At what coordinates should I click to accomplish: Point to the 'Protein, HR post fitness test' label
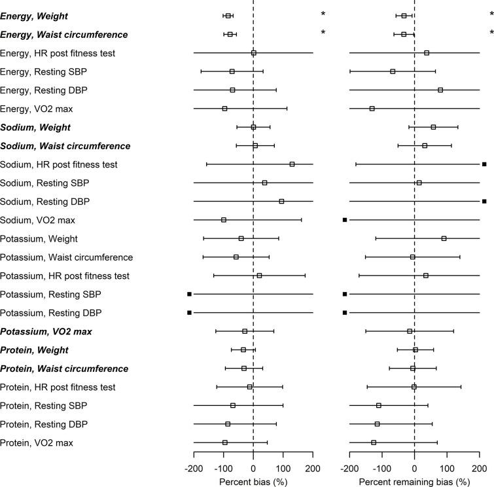tap(58, 387)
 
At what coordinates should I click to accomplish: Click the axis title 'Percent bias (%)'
tap(253, 481)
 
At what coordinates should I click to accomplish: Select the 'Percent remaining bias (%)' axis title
tap(414, 481)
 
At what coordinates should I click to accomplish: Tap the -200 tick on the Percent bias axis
tap(194, 467)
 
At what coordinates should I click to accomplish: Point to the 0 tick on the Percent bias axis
tap(253, 467)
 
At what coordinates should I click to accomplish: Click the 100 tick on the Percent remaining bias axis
tap(447, 467)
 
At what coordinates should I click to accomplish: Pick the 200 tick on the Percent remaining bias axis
tap(480, 467)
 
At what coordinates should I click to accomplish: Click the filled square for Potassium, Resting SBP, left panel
tap(190, 295)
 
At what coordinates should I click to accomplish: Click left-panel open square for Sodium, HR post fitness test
tap(292, 164)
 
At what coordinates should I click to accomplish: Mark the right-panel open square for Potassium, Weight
tap(444, 238)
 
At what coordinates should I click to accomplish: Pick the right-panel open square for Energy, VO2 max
tap(372, 108)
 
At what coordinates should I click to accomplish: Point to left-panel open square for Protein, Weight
tap(243, 350)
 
